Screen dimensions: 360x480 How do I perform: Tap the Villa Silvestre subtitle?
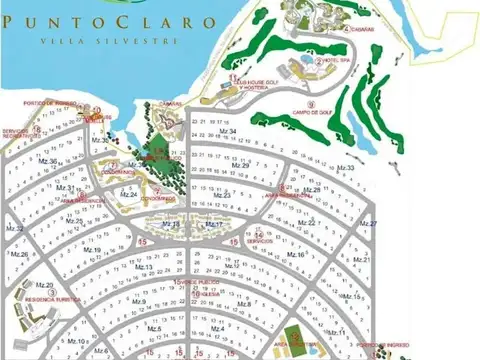pyautogui.click(x=109, y=42)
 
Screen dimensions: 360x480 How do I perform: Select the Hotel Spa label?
pyautogui.click(x=331, y=62)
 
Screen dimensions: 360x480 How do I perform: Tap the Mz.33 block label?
pyautogui.click(x=346, y=168)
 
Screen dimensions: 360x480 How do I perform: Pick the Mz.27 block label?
pyautogui.click(x=368, y=224)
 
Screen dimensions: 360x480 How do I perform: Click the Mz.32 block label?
pyautogui.click(x=15, y=229)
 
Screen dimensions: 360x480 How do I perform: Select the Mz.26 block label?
pyautogui.click(x=19, y=254)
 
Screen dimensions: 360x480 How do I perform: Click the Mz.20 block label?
pyautogui.click(x=43, y=285)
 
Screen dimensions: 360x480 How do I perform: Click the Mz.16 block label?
pyautogui.click(x=296, y=254)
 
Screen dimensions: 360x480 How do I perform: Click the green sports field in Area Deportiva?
pyautogui.click(x=293, y=335)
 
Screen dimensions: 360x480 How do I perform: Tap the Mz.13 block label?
pyautogui.click(x=145, y=267)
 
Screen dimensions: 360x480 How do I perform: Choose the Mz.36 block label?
pyautogui.click(x=46, y=161)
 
